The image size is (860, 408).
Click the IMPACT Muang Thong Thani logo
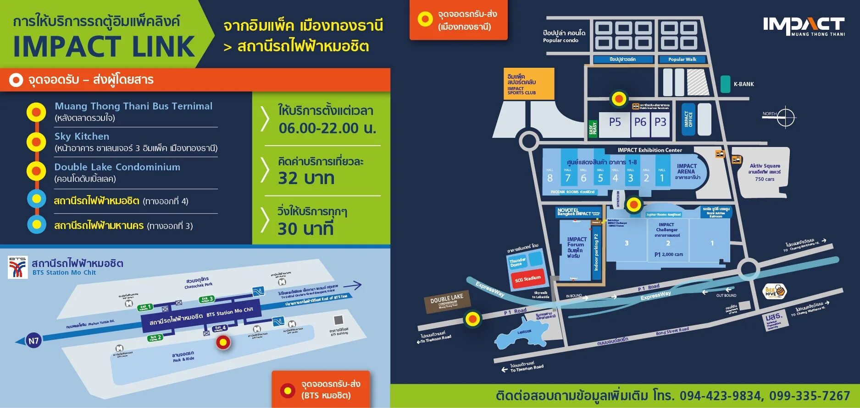click(804, 26)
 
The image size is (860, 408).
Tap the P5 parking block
click(615, 122)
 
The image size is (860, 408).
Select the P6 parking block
click(640, 122)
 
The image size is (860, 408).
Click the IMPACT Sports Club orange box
click(530, 84)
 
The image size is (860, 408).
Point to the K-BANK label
click(743, 84)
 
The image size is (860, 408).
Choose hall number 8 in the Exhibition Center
click(550, 178)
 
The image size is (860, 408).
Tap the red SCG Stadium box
click(527, 278)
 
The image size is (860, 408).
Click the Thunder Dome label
click(517, 262)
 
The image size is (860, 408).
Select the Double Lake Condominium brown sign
click(447, 301)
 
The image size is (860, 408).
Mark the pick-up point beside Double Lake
click(472, 319)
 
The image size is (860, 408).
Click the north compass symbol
click(785, 117)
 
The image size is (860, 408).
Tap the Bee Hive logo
click(775, 291)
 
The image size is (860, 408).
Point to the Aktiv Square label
click(765, 166)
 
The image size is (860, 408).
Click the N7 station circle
click(33, 341)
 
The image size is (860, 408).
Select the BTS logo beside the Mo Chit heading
click(18, 267)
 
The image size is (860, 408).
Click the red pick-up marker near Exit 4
click(223, 342)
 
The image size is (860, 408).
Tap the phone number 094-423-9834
click(720, 396)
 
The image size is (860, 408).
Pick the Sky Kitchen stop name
click(82, 136)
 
